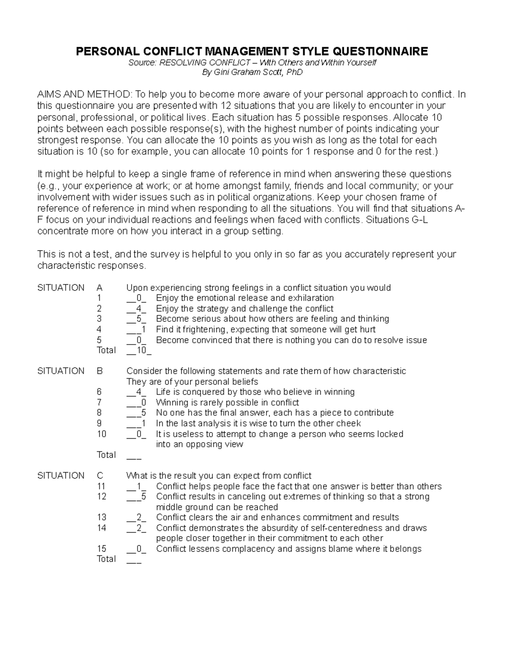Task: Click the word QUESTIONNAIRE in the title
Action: click(x=380, y=51)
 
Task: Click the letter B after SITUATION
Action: click(x=100, y=371)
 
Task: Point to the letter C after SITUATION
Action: click(x=100, y=475)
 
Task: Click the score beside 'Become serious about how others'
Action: click(x=138, y=319)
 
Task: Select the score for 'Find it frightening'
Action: click(x=144, y=329)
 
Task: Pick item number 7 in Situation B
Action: click(x=99, y=402)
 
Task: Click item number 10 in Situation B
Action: click(x=101, y=434)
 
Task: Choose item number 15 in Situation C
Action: click(x=101, y=549)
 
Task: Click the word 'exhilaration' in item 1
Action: click(x=311, y=298)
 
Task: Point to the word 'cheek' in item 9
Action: click(x=349, y=423)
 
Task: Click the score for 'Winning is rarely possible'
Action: click(x=144, y=402)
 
